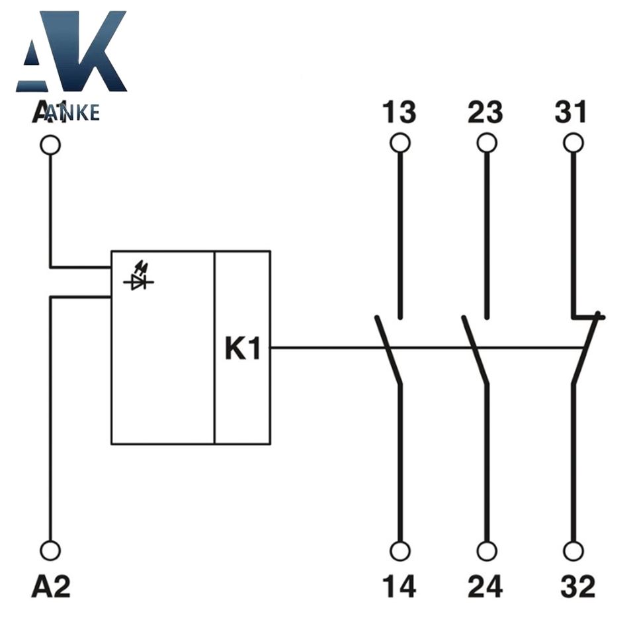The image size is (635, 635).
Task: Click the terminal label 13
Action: (x=399, y=113)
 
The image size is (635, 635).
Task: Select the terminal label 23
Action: (x=486, y=113)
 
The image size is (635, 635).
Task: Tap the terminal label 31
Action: (x=571, y=113)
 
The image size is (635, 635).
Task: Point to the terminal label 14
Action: (x=399, y=586)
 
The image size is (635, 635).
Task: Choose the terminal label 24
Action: (x=486, y=586)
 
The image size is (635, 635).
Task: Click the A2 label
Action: (x=50, y=586)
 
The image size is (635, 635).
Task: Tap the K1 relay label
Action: (x=243, y=349)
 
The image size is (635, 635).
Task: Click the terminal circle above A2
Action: (x=50, y=550)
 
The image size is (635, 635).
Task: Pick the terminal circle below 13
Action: (x=400, y=143)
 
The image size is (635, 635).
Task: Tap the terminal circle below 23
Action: (x=487, y=143)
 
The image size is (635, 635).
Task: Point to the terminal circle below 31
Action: (x=573, y=143)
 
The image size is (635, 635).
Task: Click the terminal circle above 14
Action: (x=400, y=550)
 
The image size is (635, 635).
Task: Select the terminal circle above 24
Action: (x=487, y=550)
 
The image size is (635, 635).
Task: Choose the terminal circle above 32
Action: (x=573, y=550)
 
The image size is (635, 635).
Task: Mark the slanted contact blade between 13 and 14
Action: (x=388, y=350)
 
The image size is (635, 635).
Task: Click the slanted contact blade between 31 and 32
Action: (x=586, y=349)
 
